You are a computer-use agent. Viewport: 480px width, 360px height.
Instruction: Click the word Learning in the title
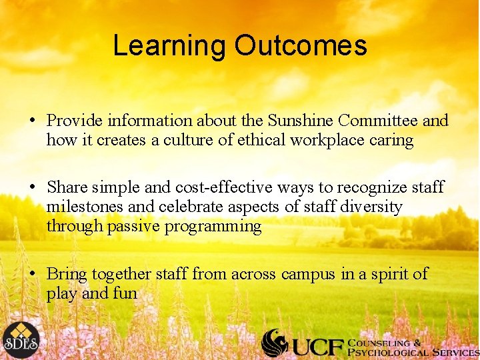point(169,45)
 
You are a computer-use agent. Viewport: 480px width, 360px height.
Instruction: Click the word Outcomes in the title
point(300,45)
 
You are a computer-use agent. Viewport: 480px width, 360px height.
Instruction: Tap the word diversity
point(371,207)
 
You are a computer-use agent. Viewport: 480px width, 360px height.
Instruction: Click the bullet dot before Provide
point(32,121)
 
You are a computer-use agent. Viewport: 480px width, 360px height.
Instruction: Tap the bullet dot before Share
point(32,188)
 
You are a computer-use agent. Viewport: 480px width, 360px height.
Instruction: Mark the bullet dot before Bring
point(32,275)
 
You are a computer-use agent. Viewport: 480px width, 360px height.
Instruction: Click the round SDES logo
point(20,340)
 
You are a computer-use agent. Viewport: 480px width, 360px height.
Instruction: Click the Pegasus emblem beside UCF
point(275,343)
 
